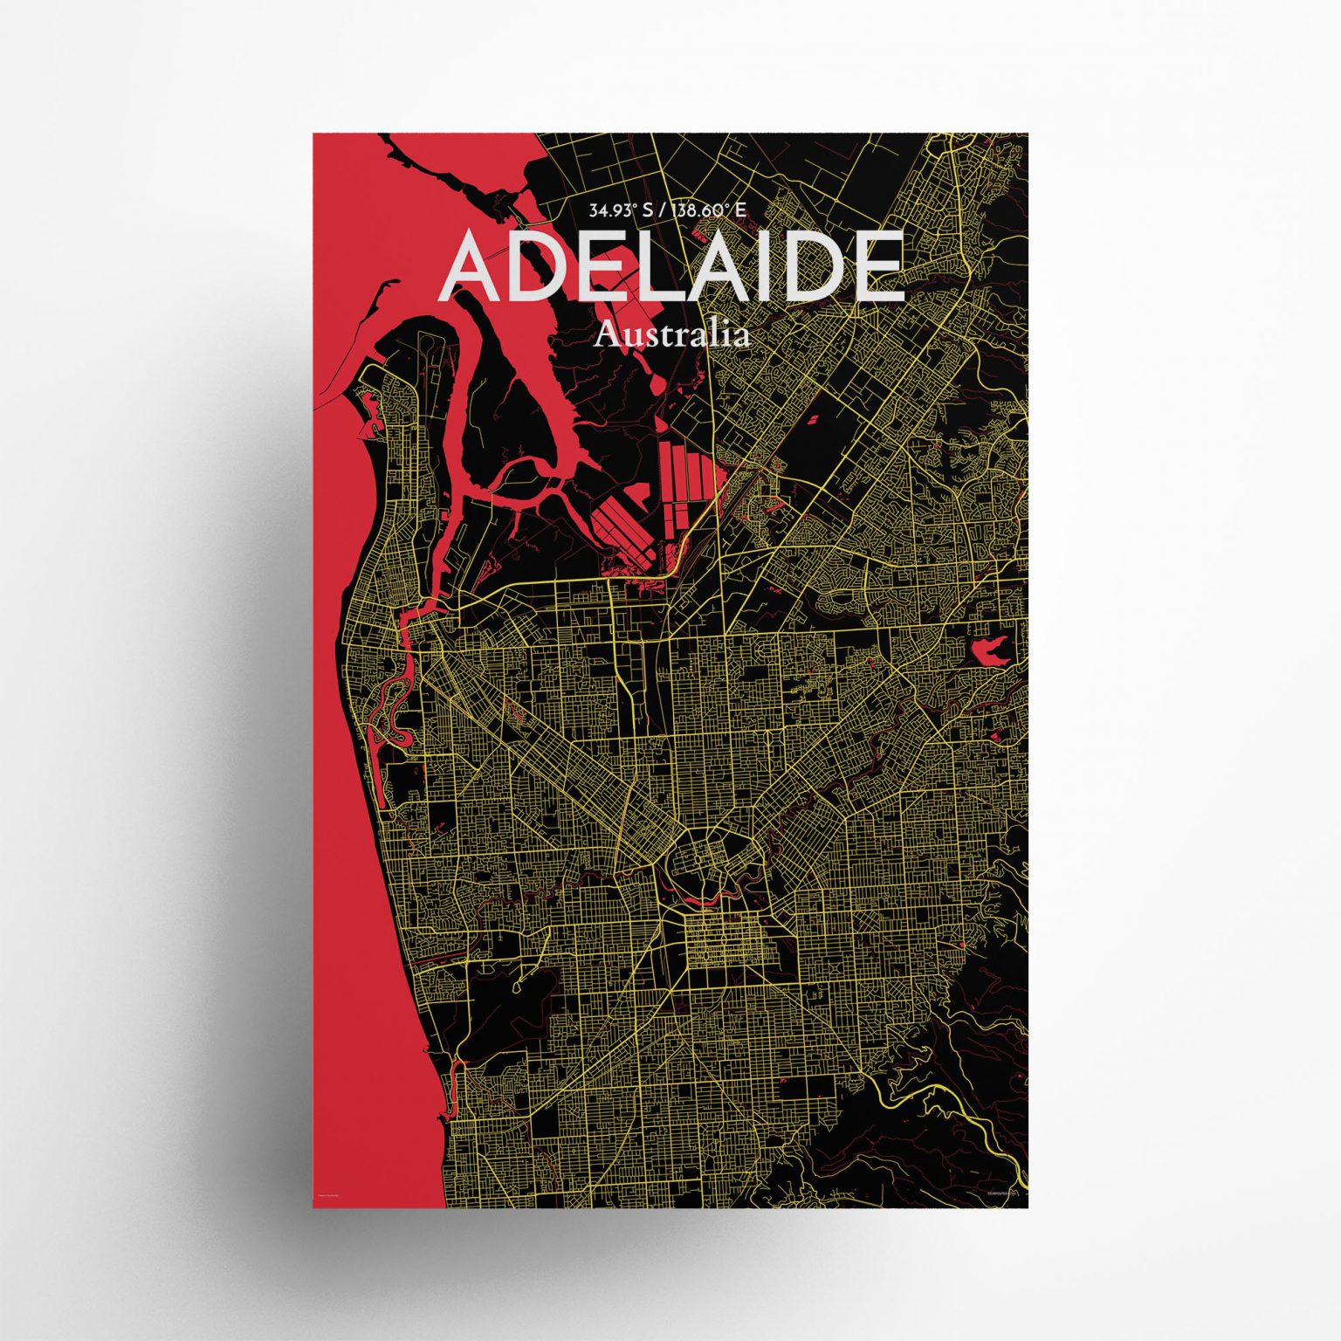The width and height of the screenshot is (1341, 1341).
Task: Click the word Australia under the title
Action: pyautogui.click(x=670, y=335)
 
